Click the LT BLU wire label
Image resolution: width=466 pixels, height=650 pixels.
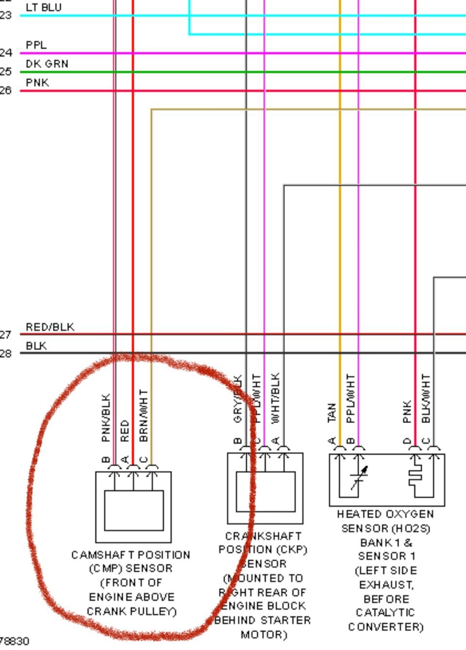point(44,8)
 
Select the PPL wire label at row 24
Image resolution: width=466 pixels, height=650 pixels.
point(36,45)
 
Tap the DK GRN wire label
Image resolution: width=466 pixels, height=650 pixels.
point(47,64)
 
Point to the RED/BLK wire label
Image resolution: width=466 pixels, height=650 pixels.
point(50,327)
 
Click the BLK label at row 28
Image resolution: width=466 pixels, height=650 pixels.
point(36,346)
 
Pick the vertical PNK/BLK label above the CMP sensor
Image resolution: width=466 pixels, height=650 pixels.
point(106,417)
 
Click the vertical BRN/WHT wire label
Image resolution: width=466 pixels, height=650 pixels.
point(144,415)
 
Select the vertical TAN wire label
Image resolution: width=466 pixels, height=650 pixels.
point(332,412)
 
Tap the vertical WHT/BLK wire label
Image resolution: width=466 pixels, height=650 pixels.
point(275,399)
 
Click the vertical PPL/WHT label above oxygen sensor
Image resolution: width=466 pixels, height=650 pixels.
point(351,399)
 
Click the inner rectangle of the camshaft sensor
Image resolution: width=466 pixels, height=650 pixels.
point(134,510)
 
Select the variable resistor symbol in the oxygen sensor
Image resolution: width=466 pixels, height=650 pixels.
point(359,478)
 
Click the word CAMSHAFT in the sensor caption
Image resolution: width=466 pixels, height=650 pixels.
point(100,555)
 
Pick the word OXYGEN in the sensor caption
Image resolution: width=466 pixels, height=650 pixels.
point(404,514)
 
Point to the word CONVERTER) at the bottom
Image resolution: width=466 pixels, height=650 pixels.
point(386,627)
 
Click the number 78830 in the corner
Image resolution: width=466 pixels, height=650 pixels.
point(15,641)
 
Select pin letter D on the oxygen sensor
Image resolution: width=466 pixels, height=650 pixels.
point(407,441)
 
